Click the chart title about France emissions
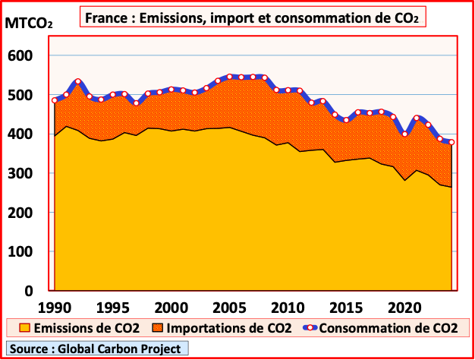[253, 16]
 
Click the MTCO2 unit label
[29, 23]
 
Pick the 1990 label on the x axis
[54, 308]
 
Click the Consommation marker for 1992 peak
[77, 81]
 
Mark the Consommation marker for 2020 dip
[405, 134]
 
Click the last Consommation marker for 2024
[451, 142]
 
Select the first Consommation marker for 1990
[54, 100]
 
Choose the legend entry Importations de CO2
[225, 328]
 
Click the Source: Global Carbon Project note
[96, 349]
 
